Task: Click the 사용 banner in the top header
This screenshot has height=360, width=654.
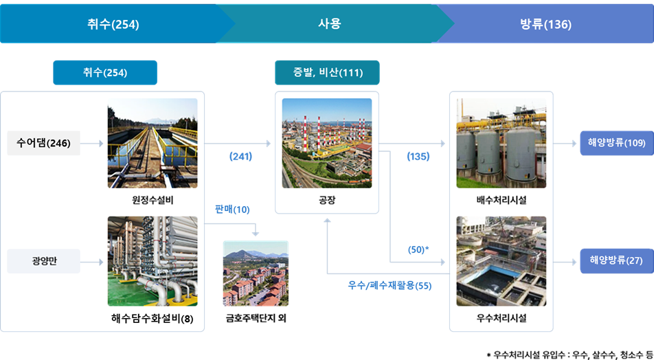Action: (330, 24)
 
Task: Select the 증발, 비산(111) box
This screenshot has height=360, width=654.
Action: (327, 73)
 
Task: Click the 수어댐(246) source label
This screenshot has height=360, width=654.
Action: (43, 144)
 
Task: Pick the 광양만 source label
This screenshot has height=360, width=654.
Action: (43, 261)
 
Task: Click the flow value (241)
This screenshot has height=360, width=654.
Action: (240, 157)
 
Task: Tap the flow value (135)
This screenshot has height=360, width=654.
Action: (418, 157)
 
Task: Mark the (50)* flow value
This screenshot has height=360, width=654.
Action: (418, 249)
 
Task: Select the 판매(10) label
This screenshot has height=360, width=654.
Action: (232, 210)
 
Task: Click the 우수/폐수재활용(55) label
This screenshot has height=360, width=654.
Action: (390, 286)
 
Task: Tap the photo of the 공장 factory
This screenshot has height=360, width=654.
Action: (327, 143)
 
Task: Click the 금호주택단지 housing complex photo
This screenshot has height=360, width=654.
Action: (256, 273)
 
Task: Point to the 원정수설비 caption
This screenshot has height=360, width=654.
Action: (153, 201)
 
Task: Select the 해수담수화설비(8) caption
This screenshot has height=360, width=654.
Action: (153, 319)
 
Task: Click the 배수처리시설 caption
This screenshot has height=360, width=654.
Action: (501, 201)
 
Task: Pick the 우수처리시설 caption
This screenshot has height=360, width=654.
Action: (501, 319)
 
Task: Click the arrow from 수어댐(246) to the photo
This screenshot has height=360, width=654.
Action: (92, 144)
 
